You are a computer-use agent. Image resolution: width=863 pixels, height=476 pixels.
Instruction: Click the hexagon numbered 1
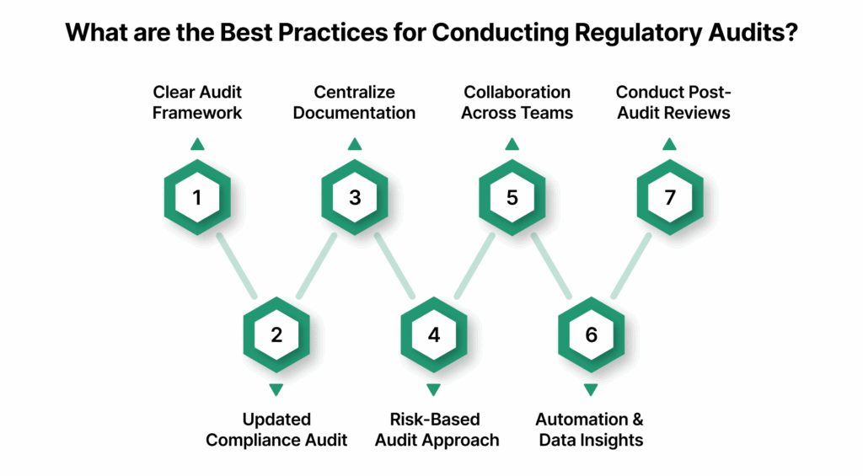pyautogui.click(x=197, y=198)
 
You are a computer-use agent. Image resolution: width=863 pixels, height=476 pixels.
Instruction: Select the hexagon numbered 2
pyautogui.click(x=276, y=334)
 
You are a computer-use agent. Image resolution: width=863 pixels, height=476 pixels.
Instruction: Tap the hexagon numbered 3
pyautogui.click(x=355, y=198)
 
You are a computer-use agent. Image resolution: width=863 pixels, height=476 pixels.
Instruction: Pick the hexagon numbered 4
pyautogui.click(x=433, y=334)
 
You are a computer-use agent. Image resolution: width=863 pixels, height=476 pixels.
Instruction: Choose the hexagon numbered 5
pyautogui.click(x=512, y=198)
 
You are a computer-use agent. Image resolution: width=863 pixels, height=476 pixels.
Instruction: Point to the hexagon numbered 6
pyautogui.click(x=591, y=334)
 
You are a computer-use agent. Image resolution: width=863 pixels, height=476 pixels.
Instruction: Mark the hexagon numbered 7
pyautogui.click(x=669, y=198)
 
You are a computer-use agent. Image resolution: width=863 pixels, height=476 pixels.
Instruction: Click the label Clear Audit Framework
pyautogui.click(x=197, y=102)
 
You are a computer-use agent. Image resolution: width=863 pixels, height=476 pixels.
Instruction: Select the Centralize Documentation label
pyautogui.click(x=355, y=102)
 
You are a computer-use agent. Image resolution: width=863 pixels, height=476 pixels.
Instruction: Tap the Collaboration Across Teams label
pyautogui.click(x=517, y=102)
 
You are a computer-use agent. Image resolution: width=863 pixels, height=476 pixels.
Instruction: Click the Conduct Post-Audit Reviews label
pyautogui.click(x=673, y=102)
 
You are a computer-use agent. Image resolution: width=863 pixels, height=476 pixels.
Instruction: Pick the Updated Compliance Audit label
pyautogui.click(x=276, y=430)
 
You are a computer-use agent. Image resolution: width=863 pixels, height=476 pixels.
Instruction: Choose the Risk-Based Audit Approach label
pyautogui.click(x=437, y=430)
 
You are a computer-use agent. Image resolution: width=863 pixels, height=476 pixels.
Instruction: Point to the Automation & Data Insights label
pyautogui.click(x=590, y=430)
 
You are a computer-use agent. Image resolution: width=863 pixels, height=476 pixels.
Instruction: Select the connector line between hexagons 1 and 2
pyautogui.click(x=237, y=266)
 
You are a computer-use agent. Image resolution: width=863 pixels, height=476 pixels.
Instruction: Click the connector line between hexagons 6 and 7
pyautogui.click(x=630, y=266)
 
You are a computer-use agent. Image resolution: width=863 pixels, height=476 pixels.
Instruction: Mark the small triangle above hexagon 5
pyautogui.click(x=512, y=145)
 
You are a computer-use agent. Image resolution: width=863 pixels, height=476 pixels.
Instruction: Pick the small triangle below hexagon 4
pyautogui.click(x=433, y=389)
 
